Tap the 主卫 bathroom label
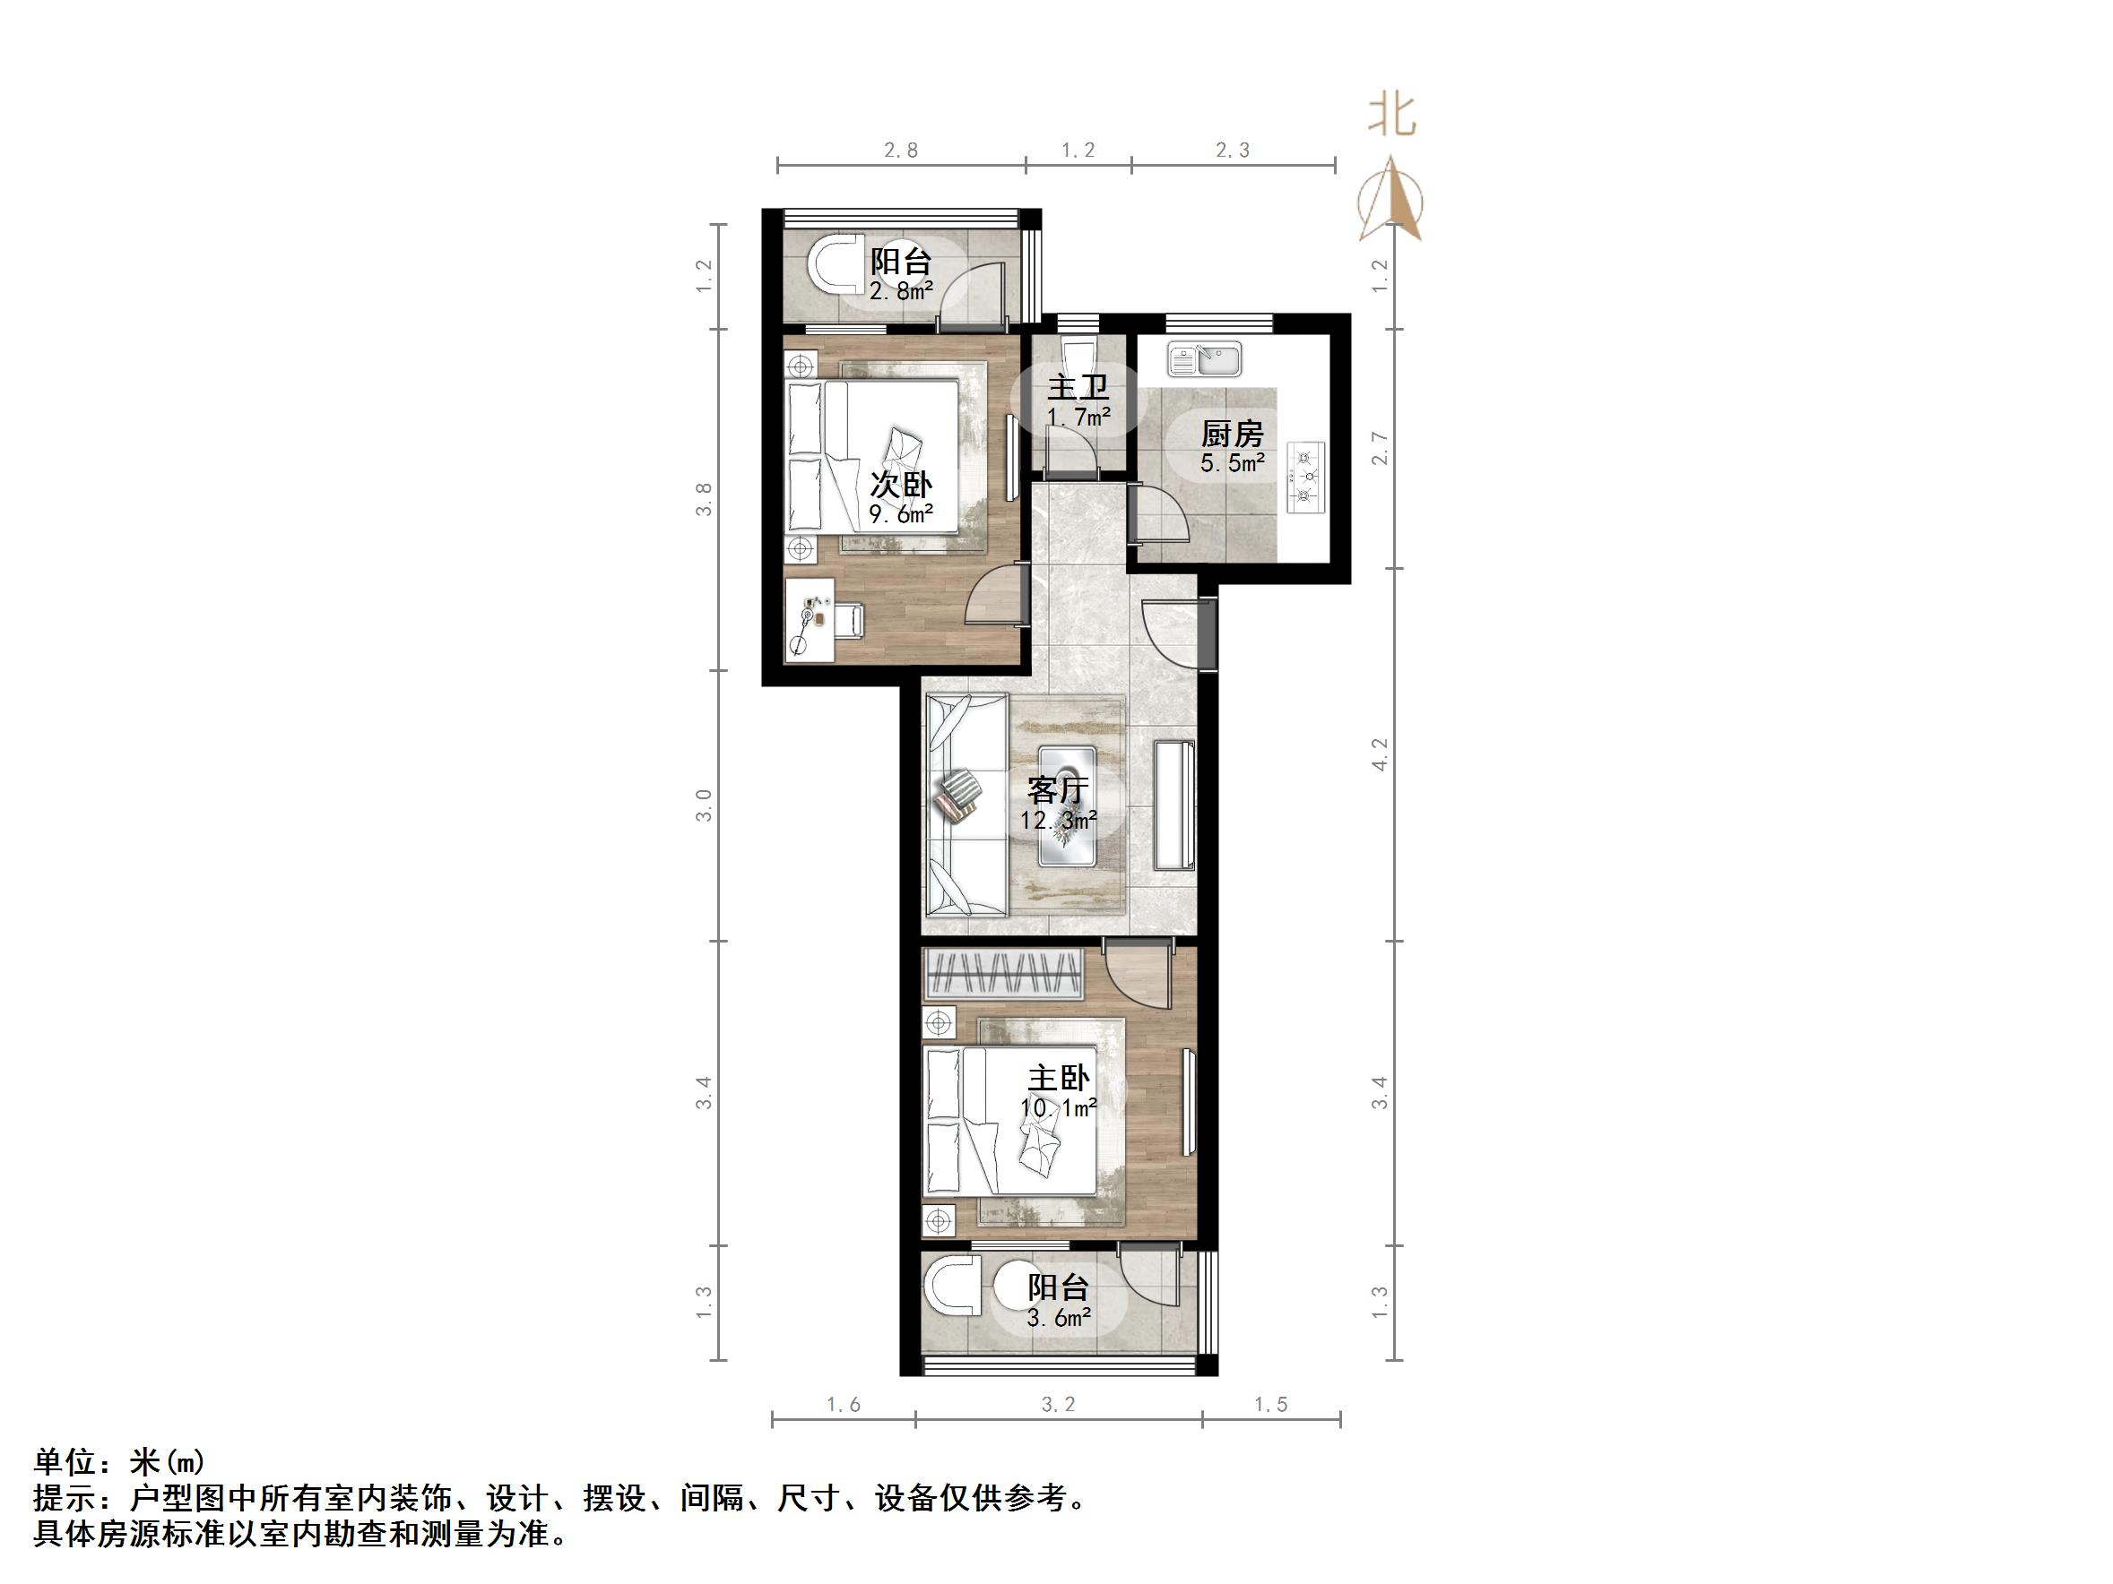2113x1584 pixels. coord(1078,388)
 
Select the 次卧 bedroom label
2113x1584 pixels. coord(900,485)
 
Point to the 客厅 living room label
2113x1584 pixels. coord(1058,790)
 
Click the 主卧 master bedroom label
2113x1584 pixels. coord(1058,1078)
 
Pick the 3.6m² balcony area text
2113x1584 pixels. coord(1059,1318)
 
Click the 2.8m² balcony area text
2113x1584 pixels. coord(900,290)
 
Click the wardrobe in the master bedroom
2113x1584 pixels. coord(1004,975)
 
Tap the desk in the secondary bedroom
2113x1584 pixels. coord(810,620)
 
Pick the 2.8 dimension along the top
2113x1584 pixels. coord(900,150)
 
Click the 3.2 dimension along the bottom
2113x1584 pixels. coord(1058,1405)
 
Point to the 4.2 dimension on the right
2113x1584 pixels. coord(1379,754)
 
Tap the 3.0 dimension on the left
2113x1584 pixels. coord(704,805)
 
